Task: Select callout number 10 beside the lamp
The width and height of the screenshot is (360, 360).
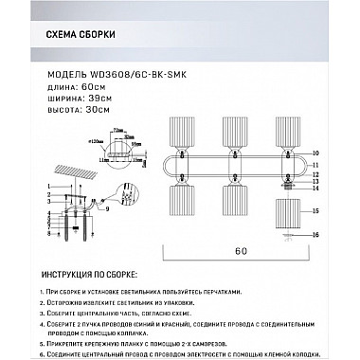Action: pos(315,151)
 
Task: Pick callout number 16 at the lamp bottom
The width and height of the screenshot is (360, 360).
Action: pos(315,232)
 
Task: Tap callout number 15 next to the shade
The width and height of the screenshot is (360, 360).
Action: pos(315,212)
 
